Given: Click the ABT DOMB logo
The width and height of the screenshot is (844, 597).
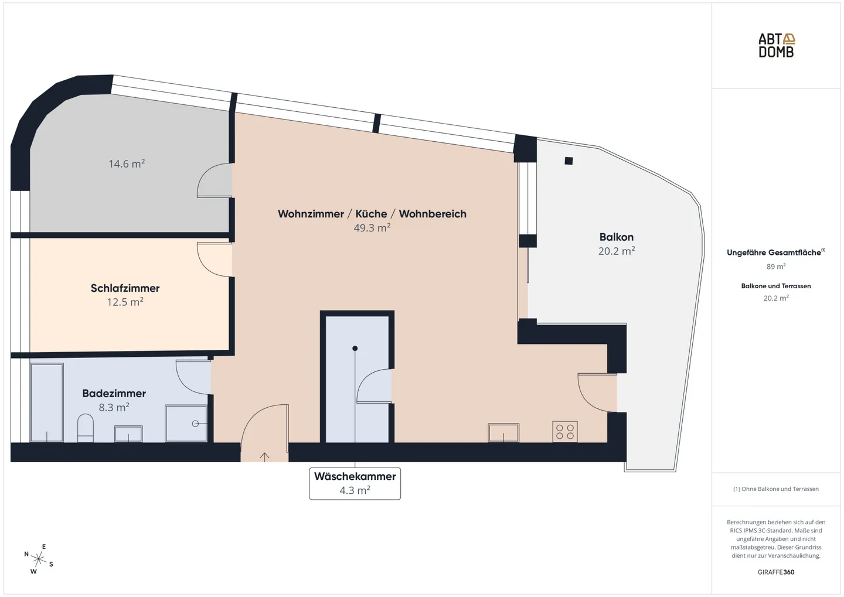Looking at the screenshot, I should click(776, 45).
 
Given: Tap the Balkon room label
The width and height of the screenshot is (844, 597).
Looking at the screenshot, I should click(616, 237).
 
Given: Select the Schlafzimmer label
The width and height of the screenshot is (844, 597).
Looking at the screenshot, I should click(125, 288).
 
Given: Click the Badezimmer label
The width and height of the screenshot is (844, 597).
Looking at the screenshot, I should click(114, 393).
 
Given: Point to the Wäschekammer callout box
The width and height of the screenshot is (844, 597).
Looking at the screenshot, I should click(355, 483).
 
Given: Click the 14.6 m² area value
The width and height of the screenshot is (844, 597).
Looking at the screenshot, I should click(127, 164).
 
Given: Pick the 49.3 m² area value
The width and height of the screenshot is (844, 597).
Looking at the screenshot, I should click(372, 228).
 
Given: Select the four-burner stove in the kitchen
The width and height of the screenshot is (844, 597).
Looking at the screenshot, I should click(565, 432).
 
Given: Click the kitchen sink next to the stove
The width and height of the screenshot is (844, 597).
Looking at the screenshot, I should click(503, 433).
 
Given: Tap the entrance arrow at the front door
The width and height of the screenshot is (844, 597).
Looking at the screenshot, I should click(264, 456).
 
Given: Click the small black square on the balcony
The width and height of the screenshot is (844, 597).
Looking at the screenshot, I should click(569, 161).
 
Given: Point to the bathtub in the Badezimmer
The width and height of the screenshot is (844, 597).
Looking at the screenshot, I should click(47, 402).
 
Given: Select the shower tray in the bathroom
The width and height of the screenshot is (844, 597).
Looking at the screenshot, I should click(186, 423).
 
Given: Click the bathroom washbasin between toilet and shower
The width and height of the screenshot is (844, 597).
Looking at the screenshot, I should click(128, 434).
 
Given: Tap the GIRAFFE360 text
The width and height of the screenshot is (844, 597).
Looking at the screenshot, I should click(775, 572).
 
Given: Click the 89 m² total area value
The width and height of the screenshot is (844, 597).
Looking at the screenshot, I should click(775, 267).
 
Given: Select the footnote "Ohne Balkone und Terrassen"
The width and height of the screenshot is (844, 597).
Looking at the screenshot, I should click(775, 489).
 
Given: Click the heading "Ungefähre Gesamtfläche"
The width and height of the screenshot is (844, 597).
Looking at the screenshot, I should click(774, 253).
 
